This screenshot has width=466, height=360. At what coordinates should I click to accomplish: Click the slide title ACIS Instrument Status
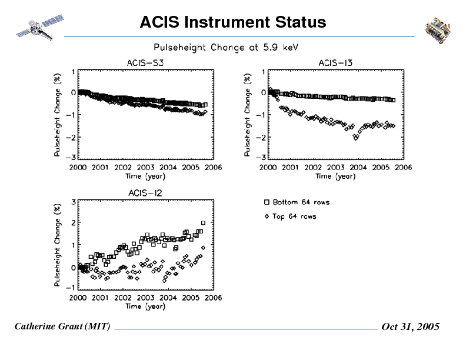[233, 22]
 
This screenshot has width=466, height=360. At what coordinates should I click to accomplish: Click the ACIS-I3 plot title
[335, 63]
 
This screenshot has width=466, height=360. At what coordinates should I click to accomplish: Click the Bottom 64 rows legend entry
[297, 202]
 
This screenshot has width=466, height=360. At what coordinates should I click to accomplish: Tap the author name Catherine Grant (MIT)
[62, 326]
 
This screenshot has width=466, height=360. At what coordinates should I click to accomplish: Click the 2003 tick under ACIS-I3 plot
[335, 168]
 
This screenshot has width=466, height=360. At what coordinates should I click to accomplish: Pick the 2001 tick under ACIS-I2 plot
[101, 298]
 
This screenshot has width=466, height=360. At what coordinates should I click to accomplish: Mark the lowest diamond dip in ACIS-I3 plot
[355, 138]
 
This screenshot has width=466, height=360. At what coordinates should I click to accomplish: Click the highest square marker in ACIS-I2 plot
[204, 223]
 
